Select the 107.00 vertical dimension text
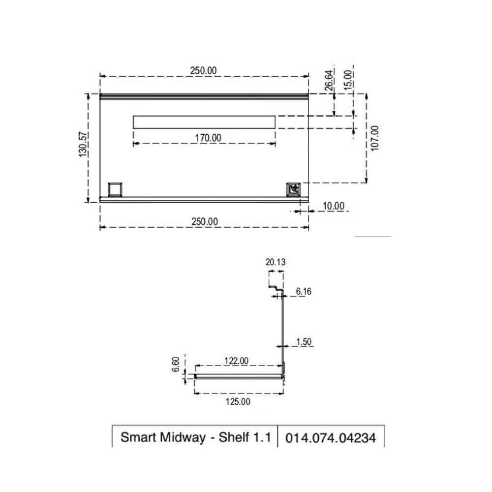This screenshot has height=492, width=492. coord(375,138)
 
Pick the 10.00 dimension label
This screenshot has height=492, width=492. coord(333,206)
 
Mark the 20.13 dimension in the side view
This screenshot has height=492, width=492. coord(276,262)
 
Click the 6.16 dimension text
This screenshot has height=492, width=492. coord(304,292)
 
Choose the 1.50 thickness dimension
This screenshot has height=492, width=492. coord(304,341)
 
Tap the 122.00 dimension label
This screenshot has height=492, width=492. coord(237,361)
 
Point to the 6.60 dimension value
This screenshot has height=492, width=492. coord(176,365)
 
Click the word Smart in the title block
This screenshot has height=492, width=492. coord(138,437)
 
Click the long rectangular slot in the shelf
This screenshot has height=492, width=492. coord(204,122)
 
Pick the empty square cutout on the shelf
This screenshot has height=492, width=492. coord(116,188)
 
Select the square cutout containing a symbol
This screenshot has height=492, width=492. coord(294,188)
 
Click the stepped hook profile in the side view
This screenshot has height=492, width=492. coord(276,286)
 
